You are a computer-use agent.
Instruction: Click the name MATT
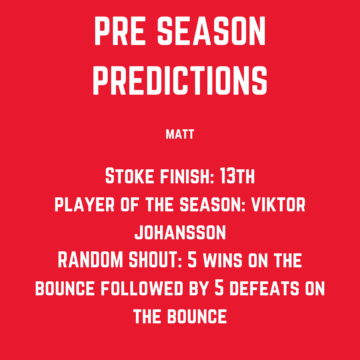click(180, 134)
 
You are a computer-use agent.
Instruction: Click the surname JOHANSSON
click(180, 233)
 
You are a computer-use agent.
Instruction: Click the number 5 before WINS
click(193, 261)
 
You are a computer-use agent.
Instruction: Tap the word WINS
click(222, 261)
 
